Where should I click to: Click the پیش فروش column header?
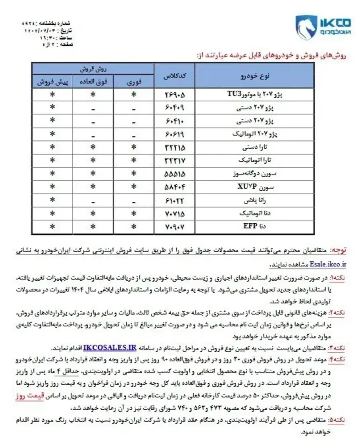(52, 82)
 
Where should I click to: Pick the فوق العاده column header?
(93, 82)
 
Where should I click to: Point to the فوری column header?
(133, 82)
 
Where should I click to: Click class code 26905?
(174, 94)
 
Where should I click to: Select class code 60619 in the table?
(174, 133)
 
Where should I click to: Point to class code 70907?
(174, 227)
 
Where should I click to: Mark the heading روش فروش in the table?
(93, 69)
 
